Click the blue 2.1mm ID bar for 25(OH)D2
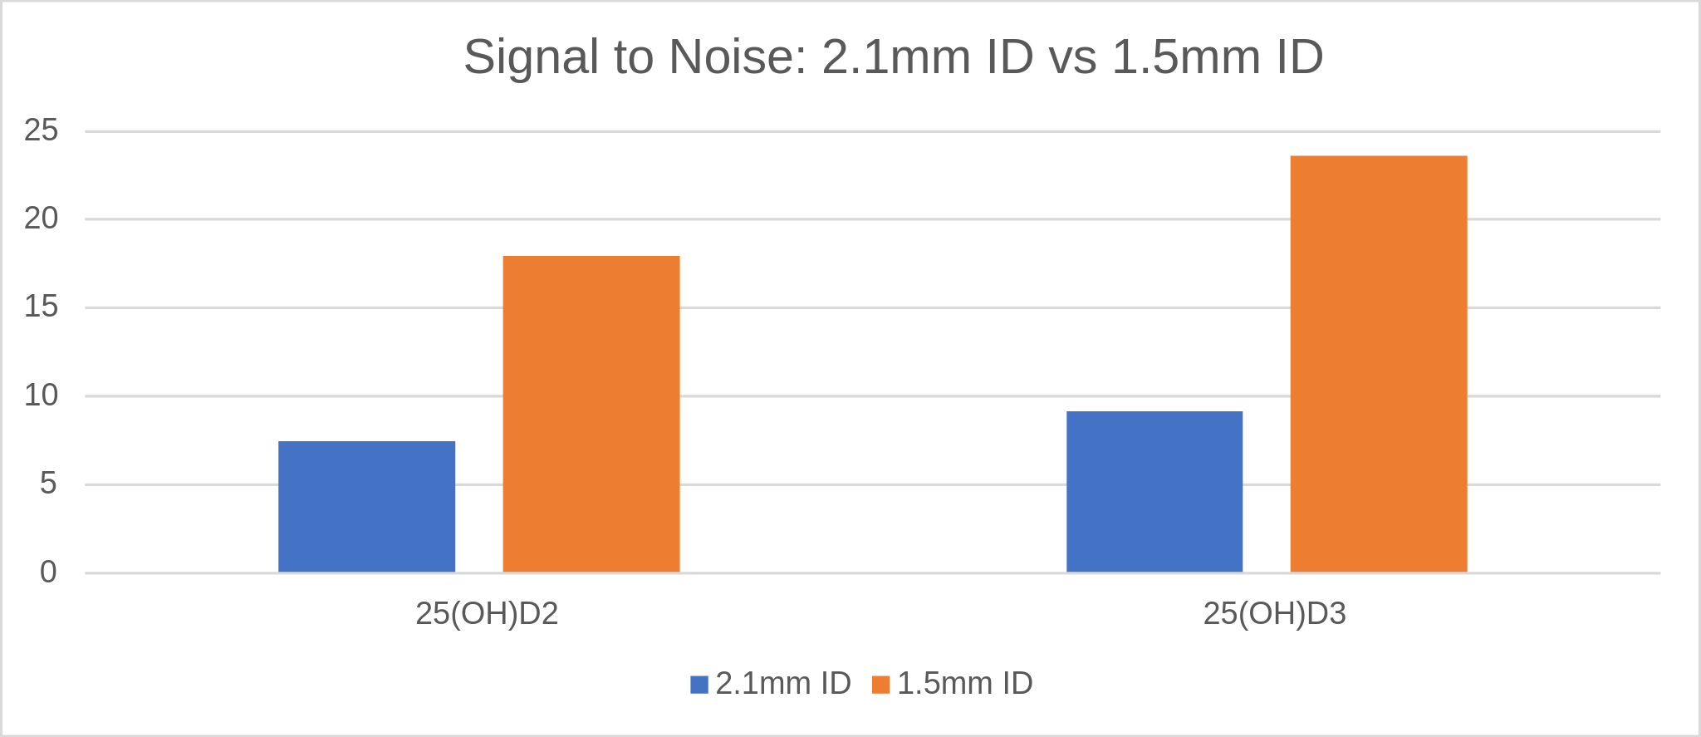pos(366,506)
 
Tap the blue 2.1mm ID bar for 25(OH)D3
pos(1154,491)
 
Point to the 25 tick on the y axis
pos(42,130)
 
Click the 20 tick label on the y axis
pos(42,219)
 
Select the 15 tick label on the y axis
pos(42,307)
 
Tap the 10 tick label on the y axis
pos(42,396)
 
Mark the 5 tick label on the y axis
pos(48,484)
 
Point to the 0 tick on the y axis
pos(48,572)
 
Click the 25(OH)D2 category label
pos(487,613)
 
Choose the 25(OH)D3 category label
pos(1274,613)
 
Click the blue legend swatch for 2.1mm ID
pos(699,685)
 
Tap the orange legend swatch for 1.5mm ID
pos(881,685)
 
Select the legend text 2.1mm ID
pos(783,683)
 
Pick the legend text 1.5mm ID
pos(965,683)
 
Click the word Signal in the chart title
pos(532,57)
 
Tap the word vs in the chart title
pos(1072,57)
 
